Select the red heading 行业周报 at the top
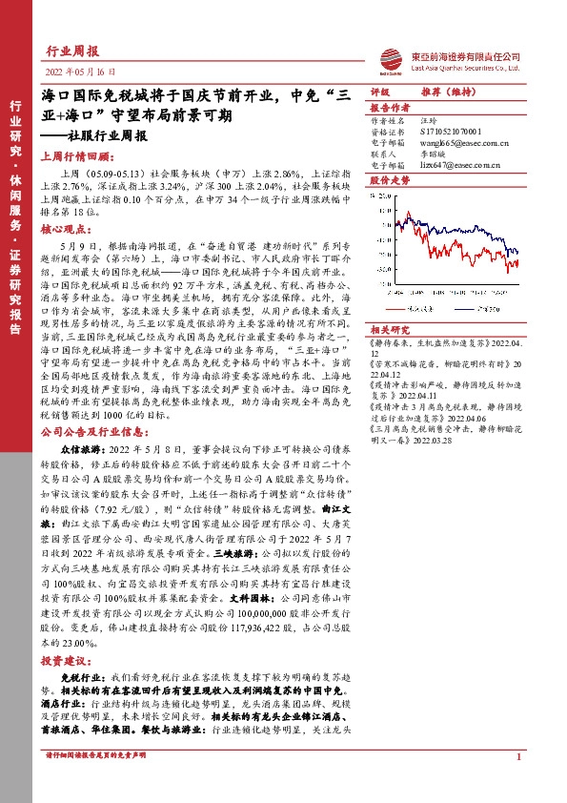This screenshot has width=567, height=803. (x=73, y=51)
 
